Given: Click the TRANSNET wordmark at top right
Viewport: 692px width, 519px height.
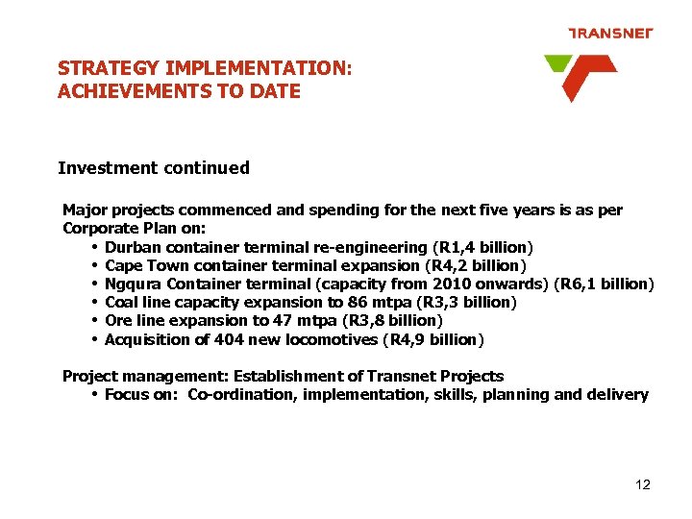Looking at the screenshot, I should point(610,33).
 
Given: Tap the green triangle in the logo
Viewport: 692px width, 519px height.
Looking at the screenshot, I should point(557,63).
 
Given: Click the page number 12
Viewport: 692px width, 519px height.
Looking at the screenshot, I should point(643,484).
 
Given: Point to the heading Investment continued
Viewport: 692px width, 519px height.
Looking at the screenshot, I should point(154,168).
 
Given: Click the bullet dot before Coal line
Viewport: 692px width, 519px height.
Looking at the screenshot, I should point(95,302).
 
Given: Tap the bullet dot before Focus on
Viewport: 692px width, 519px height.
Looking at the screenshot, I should point(95,394).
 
